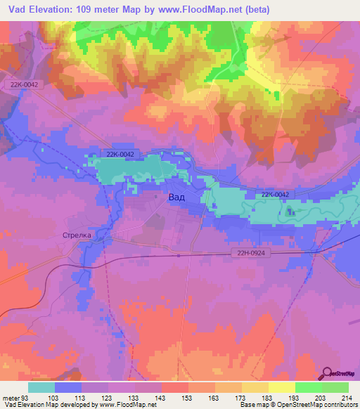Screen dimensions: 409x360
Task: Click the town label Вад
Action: click(177, 198)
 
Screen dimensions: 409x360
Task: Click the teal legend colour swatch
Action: click(41, 387)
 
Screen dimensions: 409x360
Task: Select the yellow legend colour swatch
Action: click(281, 387)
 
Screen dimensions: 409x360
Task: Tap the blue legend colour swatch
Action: click(67, 387)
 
